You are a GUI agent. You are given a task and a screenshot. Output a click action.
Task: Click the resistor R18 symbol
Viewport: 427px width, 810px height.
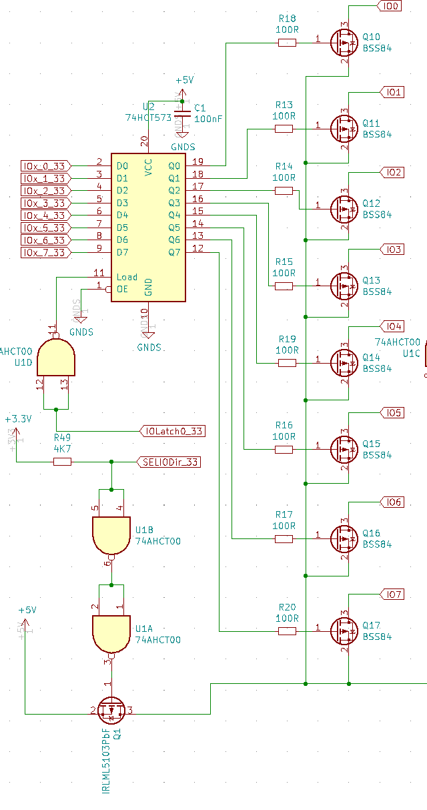(x=286, y=43)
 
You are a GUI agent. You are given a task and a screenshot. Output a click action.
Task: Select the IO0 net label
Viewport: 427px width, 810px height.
(x=390, y=6)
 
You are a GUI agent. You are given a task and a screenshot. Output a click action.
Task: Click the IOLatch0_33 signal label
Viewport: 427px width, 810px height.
(x=173, y=431)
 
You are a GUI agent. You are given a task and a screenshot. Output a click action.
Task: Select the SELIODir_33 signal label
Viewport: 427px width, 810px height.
(x=169, y=462)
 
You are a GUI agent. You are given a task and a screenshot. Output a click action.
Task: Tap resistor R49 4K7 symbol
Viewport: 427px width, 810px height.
(x=61, y=462)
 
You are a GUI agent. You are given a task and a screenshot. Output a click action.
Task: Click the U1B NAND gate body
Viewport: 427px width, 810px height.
(x=111, y=534)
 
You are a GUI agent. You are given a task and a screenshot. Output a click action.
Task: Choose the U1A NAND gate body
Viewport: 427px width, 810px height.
(x=111, y=633)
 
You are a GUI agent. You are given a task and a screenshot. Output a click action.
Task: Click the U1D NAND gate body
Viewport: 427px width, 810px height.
(x=56, y=358)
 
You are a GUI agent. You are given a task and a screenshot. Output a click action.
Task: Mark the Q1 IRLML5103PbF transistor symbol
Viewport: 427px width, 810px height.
(x=111, y=711)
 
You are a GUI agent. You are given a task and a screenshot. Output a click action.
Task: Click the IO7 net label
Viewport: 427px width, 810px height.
(x=392, y=594)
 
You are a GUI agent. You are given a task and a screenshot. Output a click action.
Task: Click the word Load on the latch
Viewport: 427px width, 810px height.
(x=127, y=277)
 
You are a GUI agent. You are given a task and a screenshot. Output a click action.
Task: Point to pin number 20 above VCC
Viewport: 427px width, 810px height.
(x=143, y=141)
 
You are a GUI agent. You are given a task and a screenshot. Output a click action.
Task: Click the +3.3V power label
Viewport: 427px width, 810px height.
(x=17, y=419)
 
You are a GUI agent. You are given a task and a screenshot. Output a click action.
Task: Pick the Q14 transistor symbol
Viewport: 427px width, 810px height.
(x=344, y=362)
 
